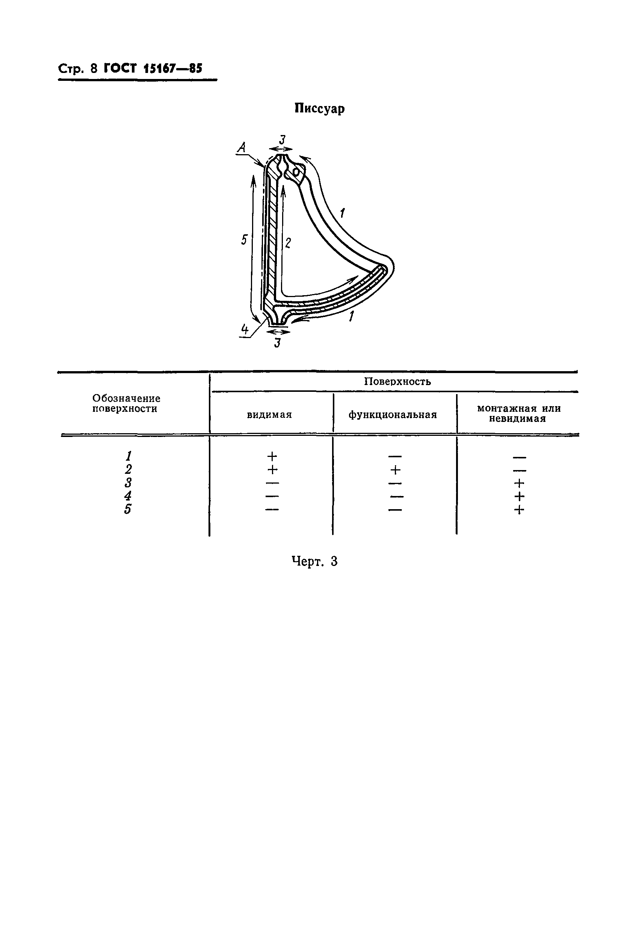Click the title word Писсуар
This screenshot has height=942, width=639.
coord(319,109)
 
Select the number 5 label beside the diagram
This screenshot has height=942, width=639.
coord(244,240)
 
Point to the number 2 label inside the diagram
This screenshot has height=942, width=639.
coord(288,243)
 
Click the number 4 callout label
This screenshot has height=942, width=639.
coord(245,329)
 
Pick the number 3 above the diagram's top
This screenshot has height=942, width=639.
coord(282,140)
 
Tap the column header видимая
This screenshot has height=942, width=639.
coord(269,415)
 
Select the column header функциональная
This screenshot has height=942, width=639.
coord(393,415)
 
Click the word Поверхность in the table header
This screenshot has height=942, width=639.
coord(397,381)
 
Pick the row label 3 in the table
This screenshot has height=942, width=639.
coord(128,483)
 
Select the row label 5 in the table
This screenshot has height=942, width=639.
coord(128,509)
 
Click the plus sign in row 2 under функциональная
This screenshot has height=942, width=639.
coord(395,470)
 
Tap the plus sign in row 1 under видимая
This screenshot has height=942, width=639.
coord(272,457)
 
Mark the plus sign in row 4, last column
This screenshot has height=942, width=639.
coord(519,496)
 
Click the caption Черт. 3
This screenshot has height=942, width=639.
coord(314,561)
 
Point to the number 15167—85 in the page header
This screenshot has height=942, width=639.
coord(172,68)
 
